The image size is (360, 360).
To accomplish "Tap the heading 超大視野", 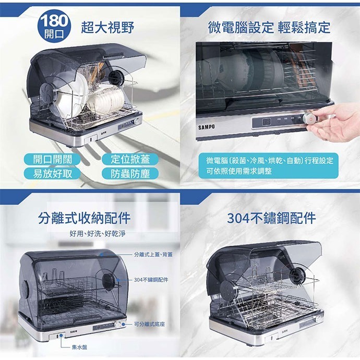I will [107, 28].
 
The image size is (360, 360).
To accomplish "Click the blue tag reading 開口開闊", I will [53, 159].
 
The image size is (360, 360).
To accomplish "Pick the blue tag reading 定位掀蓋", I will [126, 159].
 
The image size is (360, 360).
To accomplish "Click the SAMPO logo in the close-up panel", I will [207, 128].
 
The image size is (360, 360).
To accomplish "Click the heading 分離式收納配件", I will [85, 218].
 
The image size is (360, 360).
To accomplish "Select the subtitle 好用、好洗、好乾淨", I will [97, 233].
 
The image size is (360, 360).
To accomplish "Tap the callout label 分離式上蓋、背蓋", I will [153, 254].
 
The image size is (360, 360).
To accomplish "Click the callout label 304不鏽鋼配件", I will [151, 280].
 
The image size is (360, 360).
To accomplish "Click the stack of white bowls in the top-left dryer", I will [106, 100].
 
